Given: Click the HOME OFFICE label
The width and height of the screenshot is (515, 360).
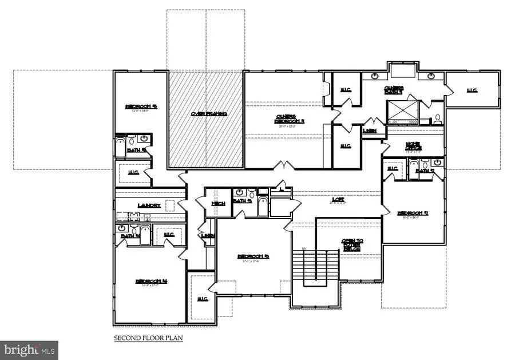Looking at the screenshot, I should coord(414,147).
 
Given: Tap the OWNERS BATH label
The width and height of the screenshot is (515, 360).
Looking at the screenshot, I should coord(394,89).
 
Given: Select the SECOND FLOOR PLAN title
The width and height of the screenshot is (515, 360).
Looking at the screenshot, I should coord(148,338).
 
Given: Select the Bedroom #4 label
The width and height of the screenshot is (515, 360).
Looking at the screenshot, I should coord(151,280).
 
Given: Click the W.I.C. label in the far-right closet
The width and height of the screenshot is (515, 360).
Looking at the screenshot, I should coord(472,90).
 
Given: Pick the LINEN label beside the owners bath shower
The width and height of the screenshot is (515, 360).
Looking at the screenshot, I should coord(370,130).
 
